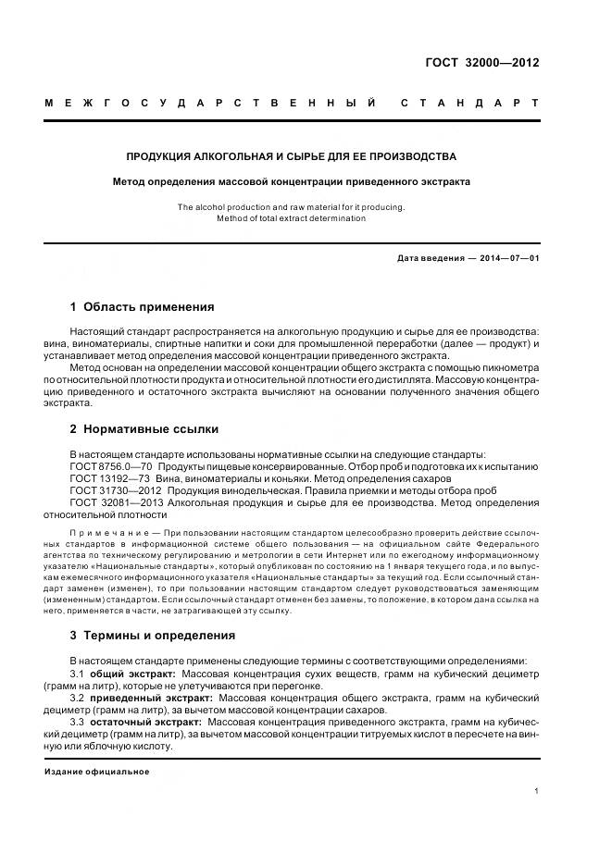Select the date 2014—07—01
509,258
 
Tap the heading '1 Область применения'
143,307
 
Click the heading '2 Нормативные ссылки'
144,429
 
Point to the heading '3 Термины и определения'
153,636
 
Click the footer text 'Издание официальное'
97,771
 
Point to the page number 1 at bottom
537,792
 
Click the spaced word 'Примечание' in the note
111,535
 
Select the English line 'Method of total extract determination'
292,219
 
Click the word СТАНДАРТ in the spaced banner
469,102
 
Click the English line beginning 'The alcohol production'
292,207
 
